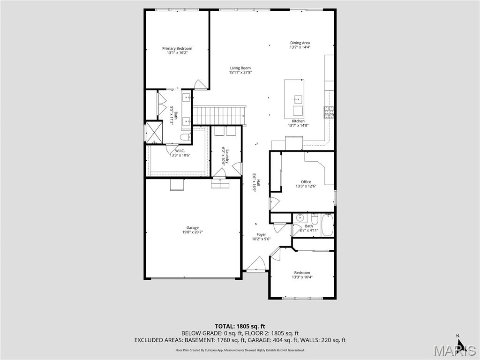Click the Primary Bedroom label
(x=177, y=48)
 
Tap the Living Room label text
(x=240, y=68)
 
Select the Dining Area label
(x=300, y=43)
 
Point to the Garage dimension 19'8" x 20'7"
(x=193, y=232)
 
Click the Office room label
(x=306, y=182)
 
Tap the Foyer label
(x=261, y=234)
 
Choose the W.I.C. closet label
(x=180, y=151)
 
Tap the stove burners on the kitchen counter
(x=329, y=111)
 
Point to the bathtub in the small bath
(x=327, y=225)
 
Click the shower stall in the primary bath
(x=153, y=132)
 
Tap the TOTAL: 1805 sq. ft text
(x=240, y=326)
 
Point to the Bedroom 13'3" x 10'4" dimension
(x=302, y=277)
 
